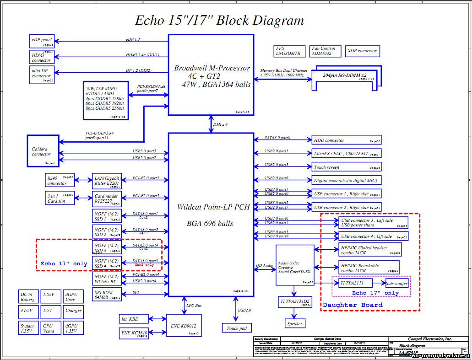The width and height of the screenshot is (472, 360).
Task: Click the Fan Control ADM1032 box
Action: [326, 51]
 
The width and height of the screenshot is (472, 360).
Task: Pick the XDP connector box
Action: [362, 51]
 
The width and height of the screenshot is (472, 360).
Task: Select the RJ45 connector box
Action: [60, 181]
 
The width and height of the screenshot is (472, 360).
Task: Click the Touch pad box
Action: [237, 328]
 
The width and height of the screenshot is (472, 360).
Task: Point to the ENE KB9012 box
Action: [184, 325]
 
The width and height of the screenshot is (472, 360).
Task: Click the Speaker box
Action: [294, 323]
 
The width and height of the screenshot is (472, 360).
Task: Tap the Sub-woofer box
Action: [396, 284]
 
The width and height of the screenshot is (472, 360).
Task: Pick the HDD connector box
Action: [346, 140]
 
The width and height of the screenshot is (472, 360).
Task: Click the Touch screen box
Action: [346, 167]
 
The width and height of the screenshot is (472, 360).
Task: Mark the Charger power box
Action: [73, 311]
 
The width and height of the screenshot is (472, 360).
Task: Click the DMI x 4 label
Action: [220, 124]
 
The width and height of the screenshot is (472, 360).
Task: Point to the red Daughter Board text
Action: [353, 305]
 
